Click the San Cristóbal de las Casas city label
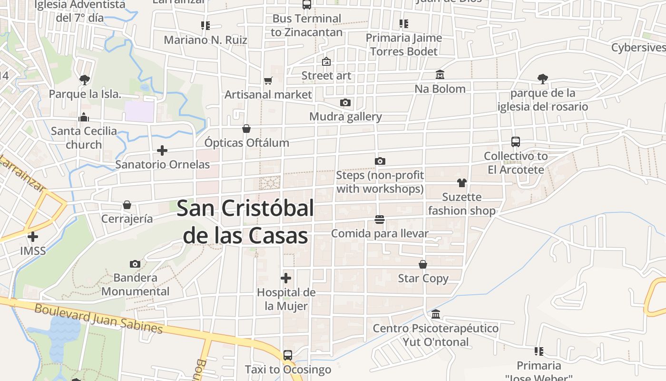coord(245,222)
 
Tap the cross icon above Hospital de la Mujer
coord(286,278)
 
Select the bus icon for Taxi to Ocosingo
coord(288,355)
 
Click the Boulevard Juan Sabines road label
coord(98,318)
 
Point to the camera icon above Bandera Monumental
coord(135,264)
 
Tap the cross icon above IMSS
coord(33,236)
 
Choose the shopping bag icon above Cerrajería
coord(127,205)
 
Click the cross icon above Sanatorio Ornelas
coord(162,150)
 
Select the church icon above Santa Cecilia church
coord(84,117)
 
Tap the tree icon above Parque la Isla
coord(85,80)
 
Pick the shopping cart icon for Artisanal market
coord(268,81)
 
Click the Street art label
coord(326,76)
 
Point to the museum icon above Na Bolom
coord(440,75)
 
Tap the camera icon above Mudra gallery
coord(345,102)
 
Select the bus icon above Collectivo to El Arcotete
coord(516,141)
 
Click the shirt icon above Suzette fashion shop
coord(461,183)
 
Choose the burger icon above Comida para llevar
coord(379,220)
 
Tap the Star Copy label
coord(423,278)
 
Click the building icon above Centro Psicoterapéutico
coord(436,314)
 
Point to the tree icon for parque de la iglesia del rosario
coord(542,79)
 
